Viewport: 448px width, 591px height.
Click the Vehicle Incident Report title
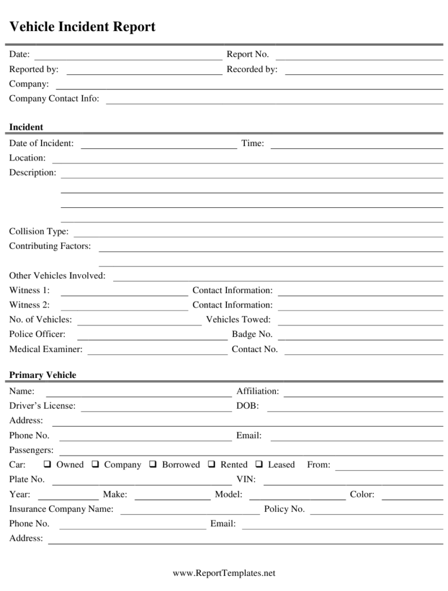[x=82, y=27]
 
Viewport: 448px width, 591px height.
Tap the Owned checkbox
[x=47, y=465]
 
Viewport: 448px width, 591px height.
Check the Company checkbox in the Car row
[x=95, y=465]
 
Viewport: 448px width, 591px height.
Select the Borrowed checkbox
[x=153, y=465]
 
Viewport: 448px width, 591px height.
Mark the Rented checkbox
[x=212, y=465]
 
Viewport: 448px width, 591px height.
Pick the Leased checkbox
[x=259, y=465]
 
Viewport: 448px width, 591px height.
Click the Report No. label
[x=248, y=54]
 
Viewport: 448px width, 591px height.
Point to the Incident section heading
[x=26, y=127]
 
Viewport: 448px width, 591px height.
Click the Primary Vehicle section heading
[x=43, y=375]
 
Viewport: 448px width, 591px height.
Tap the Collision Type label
[x=39, y=231]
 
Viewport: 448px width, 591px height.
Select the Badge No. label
[x=252, y=334]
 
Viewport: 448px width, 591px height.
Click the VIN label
[x=246, y=480]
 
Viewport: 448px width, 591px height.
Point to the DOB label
[x=248, y=406]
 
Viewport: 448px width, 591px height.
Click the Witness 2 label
[x=29, y=305]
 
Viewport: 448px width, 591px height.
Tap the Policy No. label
[x=284, y=509]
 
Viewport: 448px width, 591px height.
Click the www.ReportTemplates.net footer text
[x=224, y=573]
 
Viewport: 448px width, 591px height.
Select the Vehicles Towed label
[x=238, y=319]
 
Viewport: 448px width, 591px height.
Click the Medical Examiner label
[x=46, y=349]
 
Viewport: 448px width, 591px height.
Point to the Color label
[x=362, y=495]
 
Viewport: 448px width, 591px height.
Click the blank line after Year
[x=68, y=496]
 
